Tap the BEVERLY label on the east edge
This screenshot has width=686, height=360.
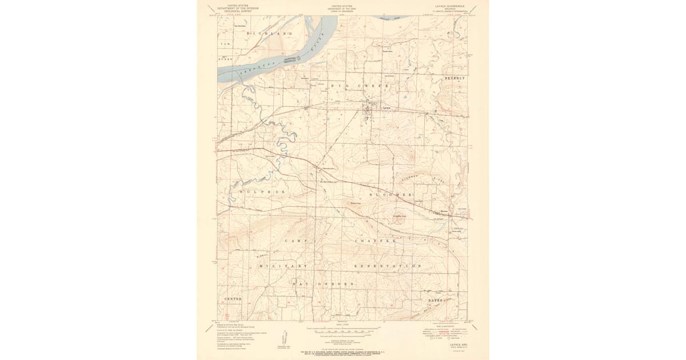pos(455,77)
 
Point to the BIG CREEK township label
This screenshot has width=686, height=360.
pos(360,85)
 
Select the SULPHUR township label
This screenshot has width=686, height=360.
pos(262,192)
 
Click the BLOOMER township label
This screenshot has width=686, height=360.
pos(390,195)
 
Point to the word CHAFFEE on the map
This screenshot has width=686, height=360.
pos(375,241)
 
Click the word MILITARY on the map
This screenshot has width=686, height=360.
pos(284,266)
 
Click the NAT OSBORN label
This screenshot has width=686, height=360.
pos(324,283)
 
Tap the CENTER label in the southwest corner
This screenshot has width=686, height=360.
pos(233,299)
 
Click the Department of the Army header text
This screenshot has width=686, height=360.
pos(341,7)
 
